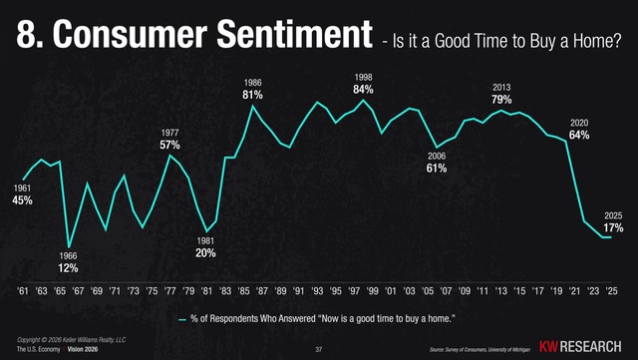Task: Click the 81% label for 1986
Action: [x=252, y=95]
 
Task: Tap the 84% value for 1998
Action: [x=363, y=90]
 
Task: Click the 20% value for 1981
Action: [x=205, y=252]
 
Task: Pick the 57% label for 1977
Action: [x=169, y=145]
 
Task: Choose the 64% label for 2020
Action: [x=579, y=135]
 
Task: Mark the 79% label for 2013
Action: [x=500, y=100]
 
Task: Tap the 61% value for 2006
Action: [x=436, y=168]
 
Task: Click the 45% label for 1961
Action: [x=22, y=199]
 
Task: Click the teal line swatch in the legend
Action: [x=181, y=319]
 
